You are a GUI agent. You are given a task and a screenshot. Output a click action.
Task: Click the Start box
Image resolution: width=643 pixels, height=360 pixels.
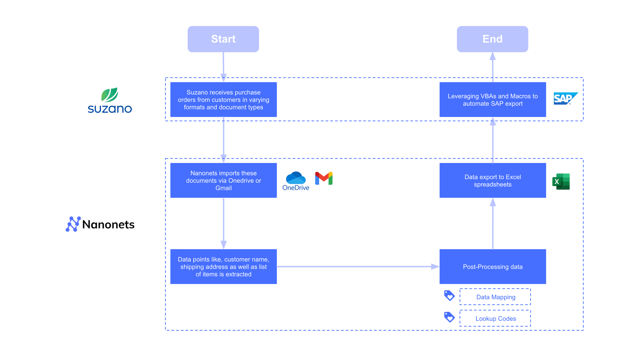click(223, 39)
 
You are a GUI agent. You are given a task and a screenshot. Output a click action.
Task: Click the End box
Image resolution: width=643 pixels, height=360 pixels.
click(492, 39)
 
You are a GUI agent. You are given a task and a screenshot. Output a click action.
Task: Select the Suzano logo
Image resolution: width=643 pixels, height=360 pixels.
click(110, 100)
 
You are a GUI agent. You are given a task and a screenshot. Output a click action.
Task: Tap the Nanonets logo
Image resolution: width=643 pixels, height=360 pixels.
click(100, 224)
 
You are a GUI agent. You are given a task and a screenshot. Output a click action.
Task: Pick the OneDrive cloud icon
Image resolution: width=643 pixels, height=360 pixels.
click(295, 178)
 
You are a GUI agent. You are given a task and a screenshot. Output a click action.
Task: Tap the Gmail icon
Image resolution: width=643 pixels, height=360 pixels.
click(324, 178)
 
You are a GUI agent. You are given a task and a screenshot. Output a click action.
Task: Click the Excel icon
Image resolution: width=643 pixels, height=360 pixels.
click(561, 181)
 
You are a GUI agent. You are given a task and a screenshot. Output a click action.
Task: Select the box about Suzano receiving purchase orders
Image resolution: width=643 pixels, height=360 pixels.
click(223, 100)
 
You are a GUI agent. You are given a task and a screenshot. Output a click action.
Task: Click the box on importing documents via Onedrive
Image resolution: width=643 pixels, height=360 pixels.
click(223, 180)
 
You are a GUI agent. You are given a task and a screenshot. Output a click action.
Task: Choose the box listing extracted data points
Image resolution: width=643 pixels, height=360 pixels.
click(223, 267)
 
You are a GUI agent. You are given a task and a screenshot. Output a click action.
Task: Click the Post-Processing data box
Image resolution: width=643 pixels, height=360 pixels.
click(493, 267)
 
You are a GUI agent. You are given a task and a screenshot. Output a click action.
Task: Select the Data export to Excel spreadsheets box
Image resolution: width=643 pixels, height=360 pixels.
click(493, 180)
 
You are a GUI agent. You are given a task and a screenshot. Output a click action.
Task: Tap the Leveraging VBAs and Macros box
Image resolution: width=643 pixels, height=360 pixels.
click(493, 100)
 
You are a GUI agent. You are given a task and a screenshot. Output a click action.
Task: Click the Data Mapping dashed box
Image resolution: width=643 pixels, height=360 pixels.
click(495, 297)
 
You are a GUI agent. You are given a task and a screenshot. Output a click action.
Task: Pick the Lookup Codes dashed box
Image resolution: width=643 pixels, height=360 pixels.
click(495, 318)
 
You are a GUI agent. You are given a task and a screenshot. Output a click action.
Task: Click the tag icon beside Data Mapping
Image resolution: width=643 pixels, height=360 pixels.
click(449, 295)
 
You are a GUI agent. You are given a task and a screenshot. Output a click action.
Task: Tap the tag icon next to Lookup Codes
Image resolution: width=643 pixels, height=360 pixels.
click(449, 317)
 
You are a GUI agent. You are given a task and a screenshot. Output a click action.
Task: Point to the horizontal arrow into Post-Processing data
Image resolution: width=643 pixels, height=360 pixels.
click(357, 266)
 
